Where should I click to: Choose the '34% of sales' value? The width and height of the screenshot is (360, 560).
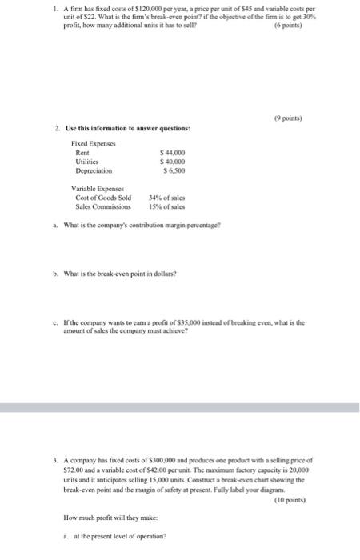pyautogui.click(x=166, y=198)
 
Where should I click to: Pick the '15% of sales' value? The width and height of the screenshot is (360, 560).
pyautogui.click(x=166, y=206)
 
